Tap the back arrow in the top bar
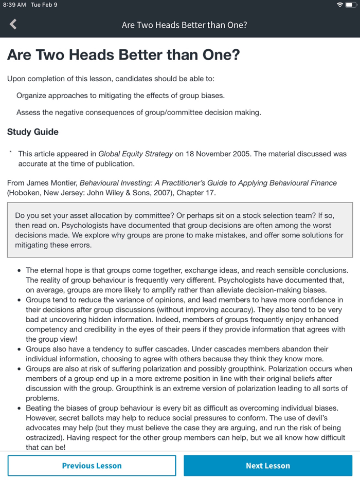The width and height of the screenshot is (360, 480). tap(13, 24)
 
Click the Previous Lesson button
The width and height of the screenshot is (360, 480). tap(92, 466)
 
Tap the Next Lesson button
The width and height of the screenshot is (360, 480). tap(267, 466)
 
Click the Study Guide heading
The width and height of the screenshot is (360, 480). tap(33, 132)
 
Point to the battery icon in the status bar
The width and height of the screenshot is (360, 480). tap(351, 5)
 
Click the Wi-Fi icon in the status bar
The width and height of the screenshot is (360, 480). tap(339, 5)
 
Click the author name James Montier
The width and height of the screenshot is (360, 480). tap(50, 183)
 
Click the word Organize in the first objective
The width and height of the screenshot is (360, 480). tap(32, 96)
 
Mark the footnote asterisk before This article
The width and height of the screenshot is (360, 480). tap(10, 152)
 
